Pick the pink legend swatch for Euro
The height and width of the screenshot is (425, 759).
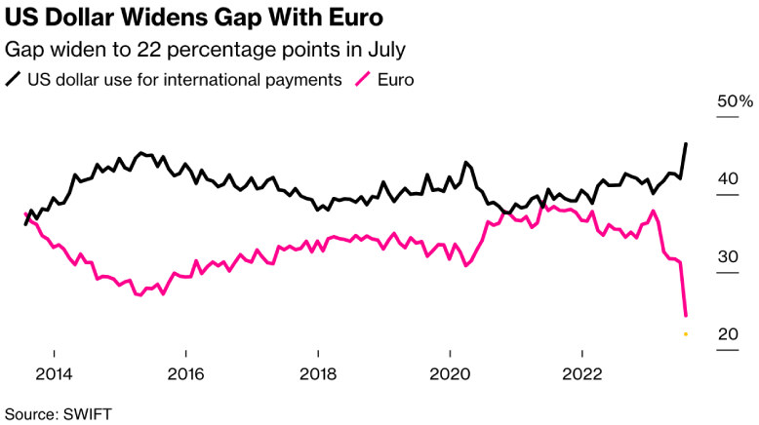pyautogui.click(x=365, y=79)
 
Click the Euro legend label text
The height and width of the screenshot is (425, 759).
pyautogui.click(x=396, y=79)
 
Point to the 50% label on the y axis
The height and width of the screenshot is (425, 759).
pyautogui.click(x=735, y=101)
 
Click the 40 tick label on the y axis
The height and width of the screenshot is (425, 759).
pyautogui.click(x=727, y=179)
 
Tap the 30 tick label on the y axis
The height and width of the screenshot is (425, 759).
pyautogui.click(x=727, y=257)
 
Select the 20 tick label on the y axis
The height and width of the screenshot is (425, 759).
pyautogui.click(x=727, y=334)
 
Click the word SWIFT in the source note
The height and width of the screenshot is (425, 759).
pyautogui.click(x=88, y=413)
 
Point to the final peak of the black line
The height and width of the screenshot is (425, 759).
pyautogui.click(x=686, y=143)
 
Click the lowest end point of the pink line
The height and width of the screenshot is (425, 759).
pyautogui.click(x=686, y=316)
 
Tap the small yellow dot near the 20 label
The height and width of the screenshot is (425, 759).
pyautogui.click(x=686, y=333)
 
